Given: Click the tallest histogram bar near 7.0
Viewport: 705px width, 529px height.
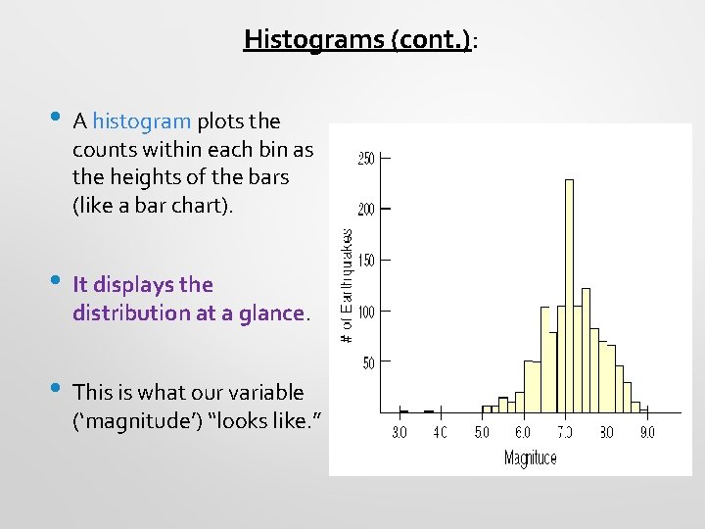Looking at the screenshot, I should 569,294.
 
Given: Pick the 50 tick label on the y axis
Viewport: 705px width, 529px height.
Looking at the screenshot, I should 367,363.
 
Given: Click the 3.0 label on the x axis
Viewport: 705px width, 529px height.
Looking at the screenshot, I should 399,432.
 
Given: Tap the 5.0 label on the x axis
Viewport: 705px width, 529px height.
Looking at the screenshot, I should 482,432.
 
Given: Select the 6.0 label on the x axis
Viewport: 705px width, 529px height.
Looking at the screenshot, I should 523,432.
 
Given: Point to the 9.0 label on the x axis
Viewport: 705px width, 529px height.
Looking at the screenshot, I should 647,432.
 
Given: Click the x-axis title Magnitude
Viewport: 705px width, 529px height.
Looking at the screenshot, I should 530,457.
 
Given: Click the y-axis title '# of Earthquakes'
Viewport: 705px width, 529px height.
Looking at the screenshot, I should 347,285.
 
